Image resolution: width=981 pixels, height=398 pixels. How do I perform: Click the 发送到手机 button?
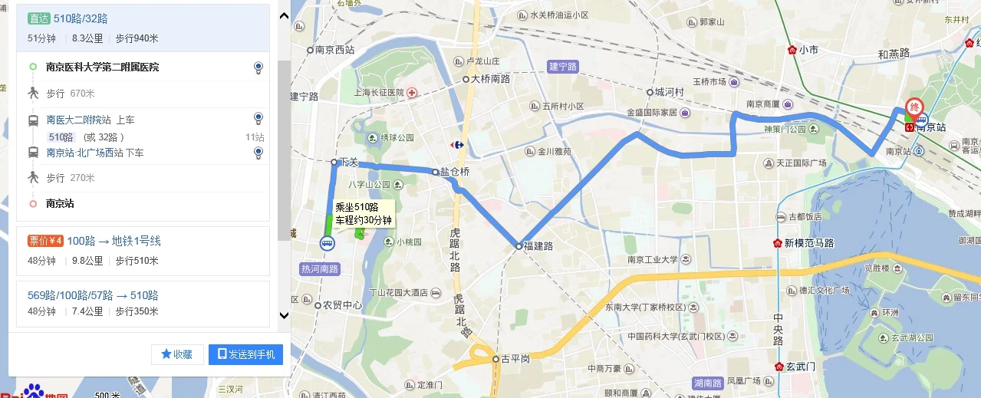pos(245,354)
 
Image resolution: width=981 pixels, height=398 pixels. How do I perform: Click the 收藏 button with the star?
pos(177,354)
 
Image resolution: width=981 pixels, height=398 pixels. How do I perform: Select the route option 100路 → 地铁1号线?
pos(114,241)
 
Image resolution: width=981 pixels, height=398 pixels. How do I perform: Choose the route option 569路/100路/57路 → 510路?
pos(93,294)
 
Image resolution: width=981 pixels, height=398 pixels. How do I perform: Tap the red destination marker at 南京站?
pos(914,108)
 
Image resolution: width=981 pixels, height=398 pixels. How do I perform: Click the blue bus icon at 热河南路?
pos(328,244)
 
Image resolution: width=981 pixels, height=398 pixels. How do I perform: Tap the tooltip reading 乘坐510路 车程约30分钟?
pos(363,213)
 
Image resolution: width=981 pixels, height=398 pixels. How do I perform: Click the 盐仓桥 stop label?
pos(454,173)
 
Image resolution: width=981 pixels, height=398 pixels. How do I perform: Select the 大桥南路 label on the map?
pos(490,78)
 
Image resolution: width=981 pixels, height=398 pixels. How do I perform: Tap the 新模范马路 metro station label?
pos(808,243)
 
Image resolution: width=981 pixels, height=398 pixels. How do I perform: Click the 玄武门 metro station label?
pos(799,367)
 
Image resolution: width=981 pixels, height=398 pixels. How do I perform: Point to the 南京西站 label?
pos(334,50)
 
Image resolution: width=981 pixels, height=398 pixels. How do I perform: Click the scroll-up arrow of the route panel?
pos(284,15)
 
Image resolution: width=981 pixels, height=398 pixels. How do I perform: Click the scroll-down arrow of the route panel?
pos(284,314)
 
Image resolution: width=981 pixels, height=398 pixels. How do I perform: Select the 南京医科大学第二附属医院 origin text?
pos(102,67)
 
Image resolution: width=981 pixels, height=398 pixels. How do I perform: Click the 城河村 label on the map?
pos(669,91)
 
